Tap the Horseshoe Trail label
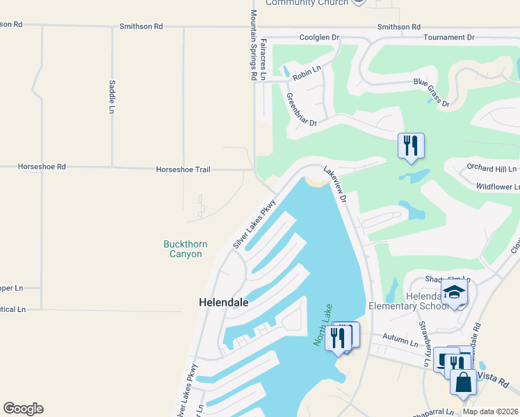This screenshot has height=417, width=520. click(183, 169)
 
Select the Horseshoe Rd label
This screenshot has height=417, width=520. click(42, 167)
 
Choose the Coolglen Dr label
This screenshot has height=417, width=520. click(318, 38)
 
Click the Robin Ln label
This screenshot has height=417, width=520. click(306, 69)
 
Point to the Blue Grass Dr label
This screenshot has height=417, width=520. click(431, 93)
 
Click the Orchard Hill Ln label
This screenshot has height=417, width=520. click(492, 168)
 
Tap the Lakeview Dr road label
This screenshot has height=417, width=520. click(334, 183)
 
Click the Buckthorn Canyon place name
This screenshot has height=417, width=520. click(183, 249)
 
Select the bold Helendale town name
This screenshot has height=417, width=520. click(224, 303)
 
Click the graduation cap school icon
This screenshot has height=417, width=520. click(454, 291)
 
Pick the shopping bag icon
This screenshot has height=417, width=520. click(463, 382)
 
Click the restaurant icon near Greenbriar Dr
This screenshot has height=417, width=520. click(411, 146)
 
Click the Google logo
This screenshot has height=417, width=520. click(23, 408)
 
